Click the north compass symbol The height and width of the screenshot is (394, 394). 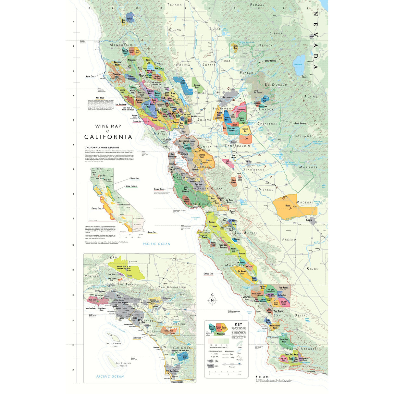[212, 300]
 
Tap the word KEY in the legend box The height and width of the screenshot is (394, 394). [238, 324]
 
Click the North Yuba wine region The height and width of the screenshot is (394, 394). [235, 49]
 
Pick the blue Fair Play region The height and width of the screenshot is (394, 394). [265, 99]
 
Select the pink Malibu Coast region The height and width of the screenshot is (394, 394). [92, 299]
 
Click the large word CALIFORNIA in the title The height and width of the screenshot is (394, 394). [108, 137]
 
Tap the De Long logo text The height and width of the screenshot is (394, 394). [263, 377]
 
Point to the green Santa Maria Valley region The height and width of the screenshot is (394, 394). [285, 341]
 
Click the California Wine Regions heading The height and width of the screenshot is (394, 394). [102, 147]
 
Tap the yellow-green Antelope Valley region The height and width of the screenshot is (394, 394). [130, 269]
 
